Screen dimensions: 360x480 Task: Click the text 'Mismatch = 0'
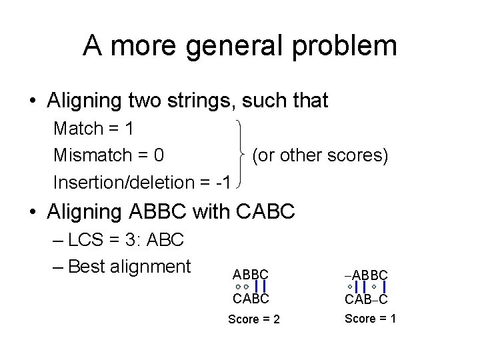coord(109,155)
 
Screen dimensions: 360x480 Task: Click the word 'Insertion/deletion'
coord(125,182)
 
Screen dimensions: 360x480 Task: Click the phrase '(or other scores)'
coord(320,155)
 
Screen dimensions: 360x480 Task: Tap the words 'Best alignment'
coord(129,266)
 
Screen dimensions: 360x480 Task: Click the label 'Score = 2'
coord(254,319)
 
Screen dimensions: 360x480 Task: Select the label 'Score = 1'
coord(370,318)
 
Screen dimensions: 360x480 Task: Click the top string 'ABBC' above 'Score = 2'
coord(251,275)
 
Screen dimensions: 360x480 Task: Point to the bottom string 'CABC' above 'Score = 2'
coord(251,298)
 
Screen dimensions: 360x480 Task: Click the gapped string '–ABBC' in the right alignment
coord(367,275)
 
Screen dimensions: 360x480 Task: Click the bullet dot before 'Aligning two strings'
coord(33,101)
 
